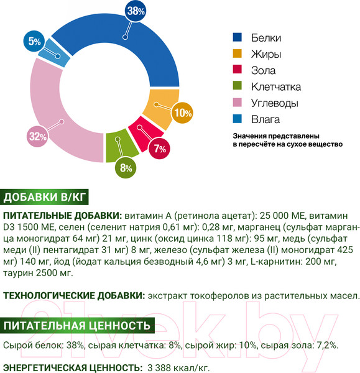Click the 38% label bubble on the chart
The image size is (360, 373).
pyautogui.click(x=136, y=11)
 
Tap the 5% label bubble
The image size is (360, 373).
pyautogui.click(x=34, y=42)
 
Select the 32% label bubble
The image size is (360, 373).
pyautogui.click(x=37, y=137)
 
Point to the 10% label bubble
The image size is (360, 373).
pyautogui.click(x=183, y=113)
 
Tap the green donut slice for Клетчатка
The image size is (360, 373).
pyautogui.click(x=114, y=144)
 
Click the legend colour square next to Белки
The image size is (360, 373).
pyautogui.click(x=238, y=37)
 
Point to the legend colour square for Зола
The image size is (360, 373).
pyautogui.click(x=238, y=70)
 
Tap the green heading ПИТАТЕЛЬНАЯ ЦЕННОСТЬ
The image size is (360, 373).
pyautogui.click(x=77, y=325)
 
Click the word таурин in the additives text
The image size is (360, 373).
pyautogui.click(x=18, y=272)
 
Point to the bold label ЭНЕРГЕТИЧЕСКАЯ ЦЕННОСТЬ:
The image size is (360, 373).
pyautogui.click(x=72, y=368)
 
